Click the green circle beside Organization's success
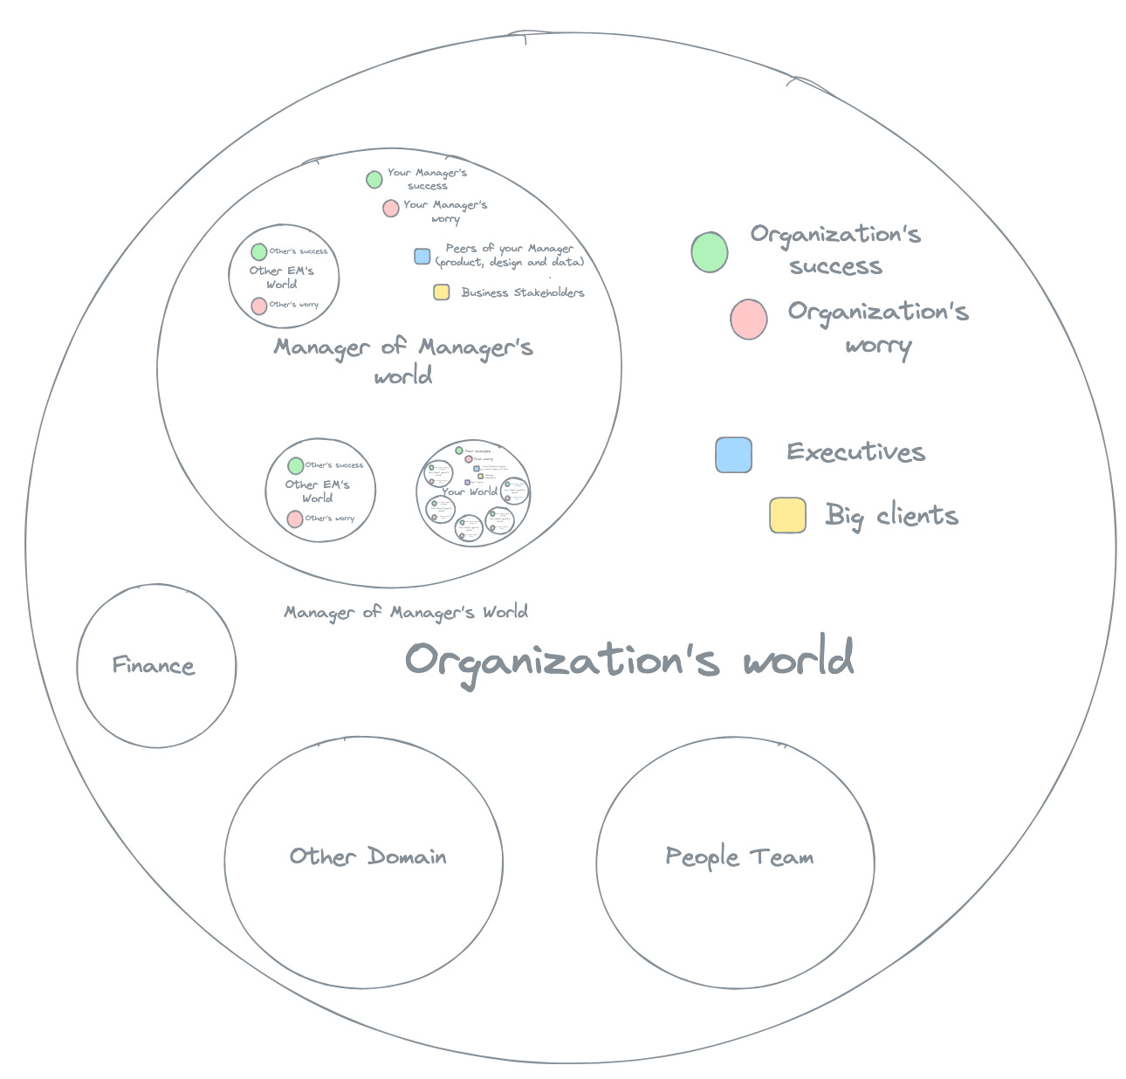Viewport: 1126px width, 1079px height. (709, 252)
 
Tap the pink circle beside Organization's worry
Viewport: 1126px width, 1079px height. (749, 319)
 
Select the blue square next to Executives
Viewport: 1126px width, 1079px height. (733, 455)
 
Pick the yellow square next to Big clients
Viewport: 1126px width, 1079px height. (787, 515)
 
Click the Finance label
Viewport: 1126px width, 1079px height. (154, 666)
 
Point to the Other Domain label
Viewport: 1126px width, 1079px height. (367, 856)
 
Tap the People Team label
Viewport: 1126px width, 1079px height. (739, 856)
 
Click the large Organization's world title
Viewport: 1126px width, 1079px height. (629, 660)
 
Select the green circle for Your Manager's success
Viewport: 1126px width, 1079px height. (374, 180)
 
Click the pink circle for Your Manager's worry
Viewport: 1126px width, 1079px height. (390, 208)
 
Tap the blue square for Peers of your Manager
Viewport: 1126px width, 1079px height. (422, 257)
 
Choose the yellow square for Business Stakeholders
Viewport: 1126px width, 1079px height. (442, 292)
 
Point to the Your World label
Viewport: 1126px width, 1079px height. (470, 491)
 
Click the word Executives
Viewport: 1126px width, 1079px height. (855, 452)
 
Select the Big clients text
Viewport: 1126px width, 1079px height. (891, 516)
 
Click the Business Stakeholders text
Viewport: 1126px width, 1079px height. (523, 292)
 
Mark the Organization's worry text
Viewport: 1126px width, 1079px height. (878, 327)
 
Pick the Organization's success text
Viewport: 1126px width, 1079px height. (835, 250)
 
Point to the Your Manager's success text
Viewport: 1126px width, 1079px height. (427, 179)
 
